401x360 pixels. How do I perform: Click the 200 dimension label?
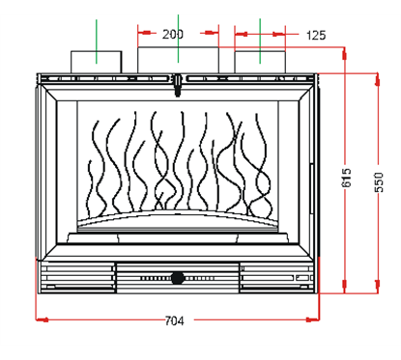(x=173, y=35)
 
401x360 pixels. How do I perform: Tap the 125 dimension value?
(x=315, y=36)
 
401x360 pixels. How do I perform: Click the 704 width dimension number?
(x=175, y=320)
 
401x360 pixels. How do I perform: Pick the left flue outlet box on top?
(x=97, y=59)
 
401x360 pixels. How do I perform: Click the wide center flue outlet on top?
(x=179, y=59)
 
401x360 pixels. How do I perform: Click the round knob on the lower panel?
(x=179, y=278)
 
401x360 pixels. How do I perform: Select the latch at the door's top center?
(x=179, y=88)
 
